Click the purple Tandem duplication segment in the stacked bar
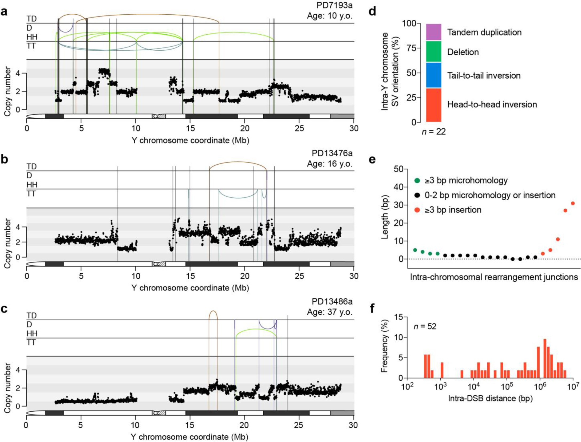[x=433, y=32]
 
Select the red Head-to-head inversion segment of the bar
[x=433, y=105]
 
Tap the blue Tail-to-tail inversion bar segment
[x=433, y=75]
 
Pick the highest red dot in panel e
[x=572, y=204]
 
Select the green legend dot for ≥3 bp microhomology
[x=417, y=181]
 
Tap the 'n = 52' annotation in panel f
[x=425, y=326]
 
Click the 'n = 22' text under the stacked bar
[x=434, y=132]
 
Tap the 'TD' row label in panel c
[x=31, y=315]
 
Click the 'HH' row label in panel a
[x=32, y=37]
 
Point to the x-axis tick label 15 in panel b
[x=190, y=276]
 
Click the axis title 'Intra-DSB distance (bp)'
[x=490, y=398]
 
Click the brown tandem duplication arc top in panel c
[x=213, y=311]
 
